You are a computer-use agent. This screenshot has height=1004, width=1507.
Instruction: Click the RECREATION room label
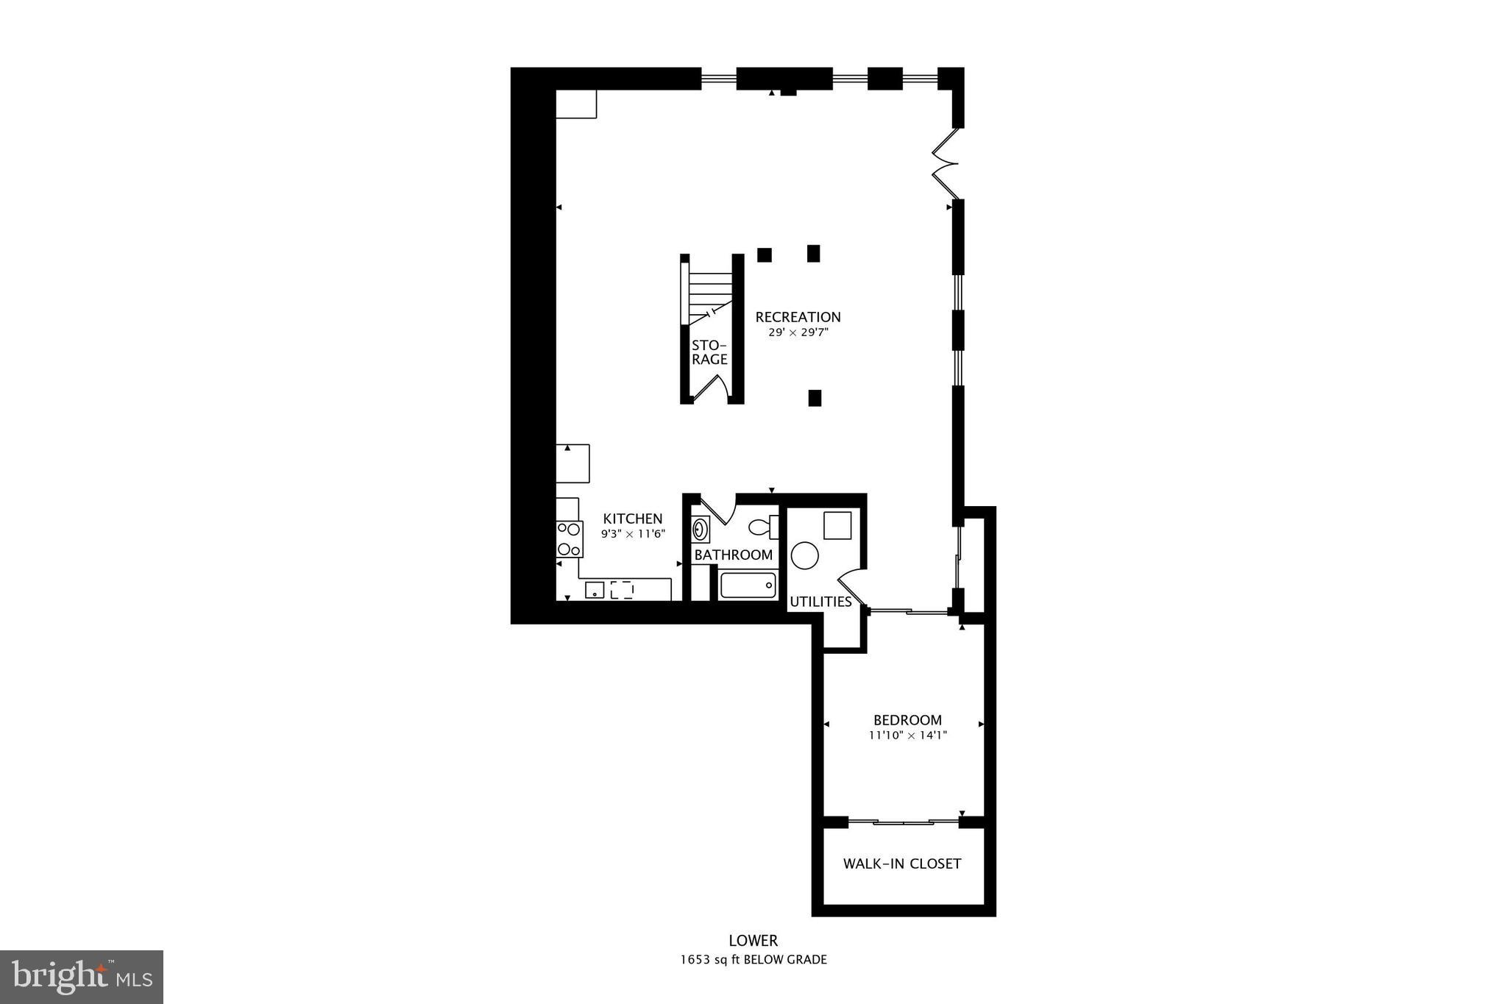pos(798,317)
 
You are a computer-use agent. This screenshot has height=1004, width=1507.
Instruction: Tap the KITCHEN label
pos(633,519)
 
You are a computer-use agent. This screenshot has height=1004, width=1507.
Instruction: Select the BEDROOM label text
pos(907,720)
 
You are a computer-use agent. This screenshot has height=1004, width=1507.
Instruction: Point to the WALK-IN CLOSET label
pos(902,864)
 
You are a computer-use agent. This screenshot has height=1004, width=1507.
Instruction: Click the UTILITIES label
pos(820,602)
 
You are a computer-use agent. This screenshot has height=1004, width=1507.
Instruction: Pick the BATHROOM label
pos(734,555)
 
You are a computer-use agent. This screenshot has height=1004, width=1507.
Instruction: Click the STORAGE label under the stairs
pos(709,352)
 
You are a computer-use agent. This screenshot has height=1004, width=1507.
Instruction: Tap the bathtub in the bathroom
pos(748,585)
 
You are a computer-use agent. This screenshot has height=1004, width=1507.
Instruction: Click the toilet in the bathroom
pos(762,527)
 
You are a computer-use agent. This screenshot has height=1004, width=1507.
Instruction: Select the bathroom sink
pos(701,529)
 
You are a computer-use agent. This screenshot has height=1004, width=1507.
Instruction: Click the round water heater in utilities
pos(805,555)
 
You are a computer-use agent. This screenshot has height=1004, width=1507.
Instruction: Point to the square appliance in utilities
pos(837,525)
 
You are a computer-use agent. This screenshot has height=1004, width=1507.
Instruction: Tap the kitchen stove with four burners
pos(569,538)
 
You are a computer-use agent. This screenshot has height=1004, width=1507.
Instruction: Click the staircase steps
pos(710,291)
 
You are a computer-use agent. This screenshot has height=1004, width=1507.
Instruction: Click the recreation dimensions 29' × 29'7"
pos(798,332)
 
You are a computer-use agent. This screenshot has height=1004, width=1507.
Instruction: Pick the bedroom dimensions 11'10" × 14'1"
pos(907,735)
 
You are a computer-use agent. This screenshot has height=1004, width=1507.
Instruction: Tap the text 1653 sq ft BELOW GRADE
pos(753,960)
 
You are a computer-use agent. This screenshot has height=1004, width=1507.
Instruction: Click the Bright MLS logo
pos(82,977)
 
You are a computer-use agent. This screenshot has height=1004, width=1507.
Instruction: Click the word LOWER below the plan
pos(753,941)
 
